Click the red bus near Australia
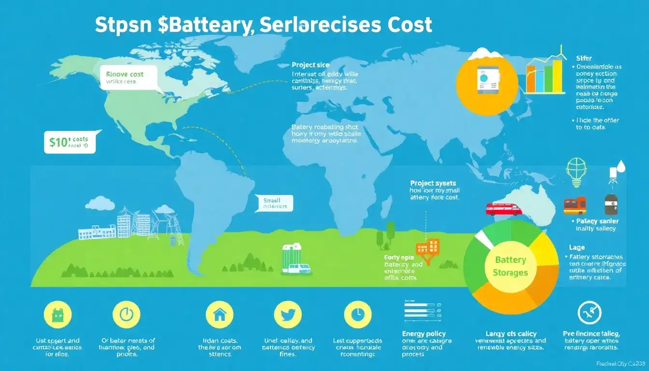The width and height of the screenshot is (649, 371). click(504, 209)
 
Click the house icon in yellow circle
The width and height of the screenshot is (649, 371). click(219, 315)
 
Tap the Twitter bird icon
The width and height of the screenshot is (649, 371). click(288, 315)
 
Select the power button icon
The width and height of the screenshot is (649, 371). click(126, 315)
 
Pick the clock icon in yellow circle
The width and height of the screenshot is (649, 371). click(357, 315)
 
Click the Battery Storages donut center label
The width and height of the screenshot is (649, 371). click(510, 266)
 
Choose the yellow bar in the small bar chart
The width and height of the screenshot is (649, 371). click(558, 76)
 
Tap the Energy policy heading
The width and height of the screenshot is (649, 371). click(423, 333)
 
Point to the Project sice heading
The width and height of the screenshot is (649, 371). click(310, 65)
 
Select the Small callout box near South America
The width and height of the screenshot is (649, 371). click(274, 202)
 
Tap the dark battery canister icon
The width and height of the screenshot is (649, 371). click(611, 204)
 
